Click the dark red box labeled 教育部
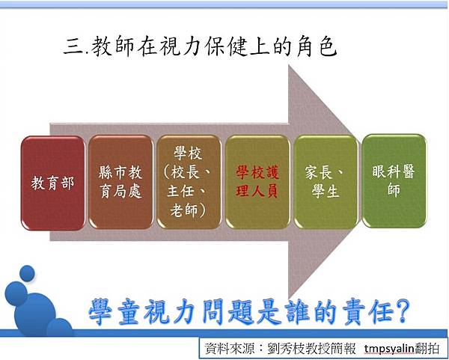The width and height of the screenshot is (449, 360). point(53,183)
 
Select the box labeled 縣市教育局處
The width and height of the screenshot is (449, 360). point(120,182)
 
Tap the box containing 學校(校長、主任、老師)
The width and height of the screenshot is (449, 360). point(189,182)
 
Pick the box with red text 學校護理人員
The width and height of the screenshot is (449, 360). point(257,182)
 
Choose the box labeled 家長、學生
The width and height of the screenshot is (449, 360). point(326,182)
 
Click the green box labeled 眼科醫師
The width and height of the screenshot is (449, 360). point(394,181)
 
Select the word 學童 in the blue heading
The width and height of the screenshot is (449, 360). point(114,312)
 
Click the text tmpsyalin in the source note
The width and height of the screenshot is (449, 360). point(389,349)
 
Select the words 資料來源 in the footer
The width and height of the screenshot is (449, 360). point(230,349)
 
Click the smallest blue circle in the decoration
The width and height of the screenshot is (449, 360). point(27,273)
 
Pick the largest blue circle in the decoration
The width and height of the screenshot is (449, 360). point(35,314)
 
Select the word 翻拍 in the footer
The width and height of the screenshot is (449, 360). point(427,349)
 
